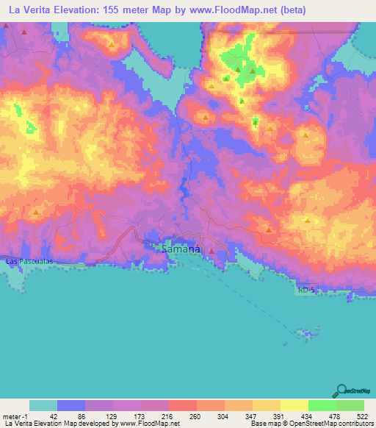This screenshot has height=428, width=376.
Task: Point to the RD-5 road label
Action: point(306,290)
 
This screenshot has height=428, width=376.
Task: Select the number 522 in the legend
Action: point(361,415)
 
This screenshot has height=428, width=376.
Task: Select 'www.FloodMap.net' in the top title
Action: point(228,10)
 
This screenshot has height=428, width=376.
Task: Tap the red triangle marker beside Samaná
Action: point(211,252)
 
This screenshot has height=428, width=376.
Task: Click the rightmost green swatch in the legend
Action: point(350,405)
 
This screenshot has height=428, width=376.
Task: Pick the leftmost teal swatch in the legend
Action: point(43,405)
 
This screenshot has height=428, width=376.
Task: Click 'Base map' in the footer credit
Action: point(263,424)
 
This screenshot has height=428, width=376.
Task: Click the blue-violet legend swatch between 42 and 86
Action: point(71,405)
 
